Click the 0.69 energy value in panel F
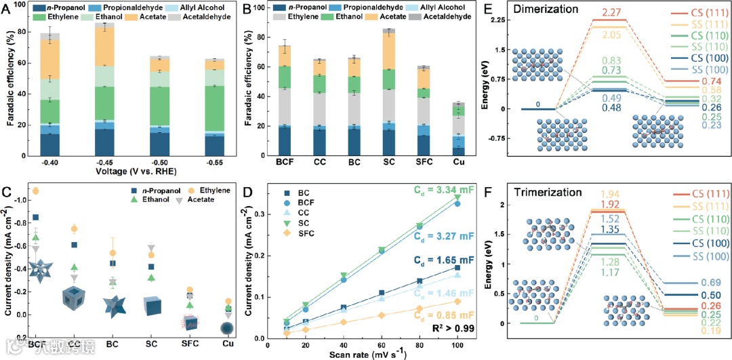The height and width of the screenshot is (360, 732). (714, 282)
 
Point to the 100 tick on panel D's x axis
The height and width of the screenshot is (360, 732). (458, 344)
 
